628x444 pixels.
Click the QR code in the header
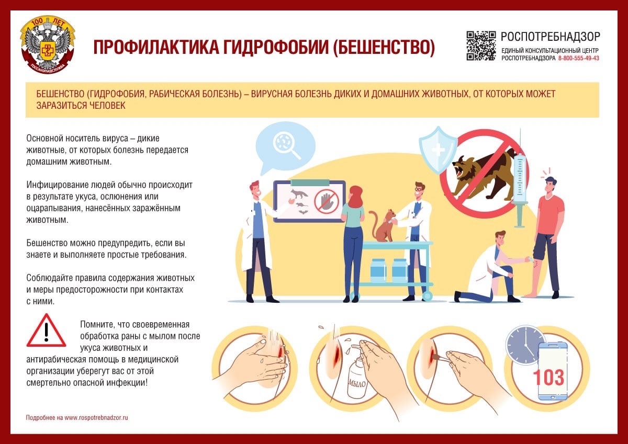point(480,45)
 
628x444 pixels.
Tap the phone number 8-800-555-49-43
point(579,59)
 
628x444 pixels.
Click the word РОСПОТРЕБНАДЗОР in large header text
point(551,37)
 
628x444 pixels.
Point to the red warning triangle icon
point(46,331)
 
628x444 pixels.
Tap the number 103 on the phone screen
point(548,377)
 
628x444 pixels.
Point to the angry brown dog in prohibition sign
point(481,173)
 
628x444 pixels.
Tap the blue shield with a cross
point(438,149)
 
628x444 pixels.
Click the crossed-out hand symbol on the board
point(326,200)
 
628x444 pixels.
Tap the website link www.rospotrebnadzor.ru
point(96,418)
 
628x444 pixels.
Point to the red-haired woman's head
point(356,196)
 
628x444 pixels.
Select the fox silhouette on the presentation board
point(300,195)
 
